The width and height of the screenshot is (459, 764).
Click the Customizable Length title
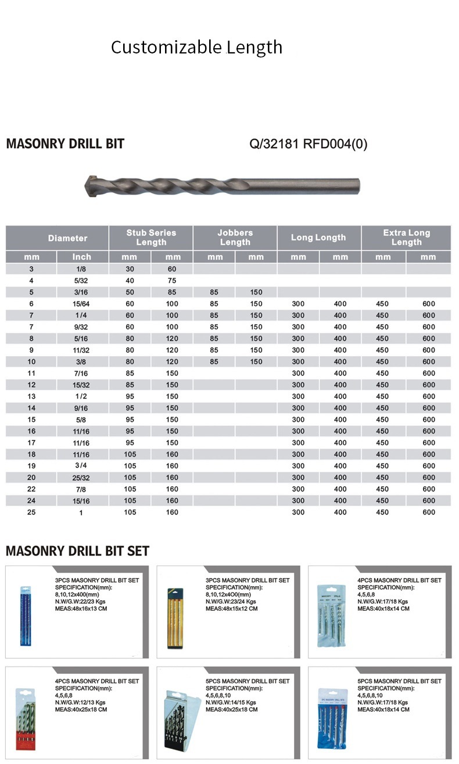click(x=196, y=47)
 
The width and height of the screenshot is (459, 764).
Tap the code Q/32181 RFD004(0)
click(x=308, y=144)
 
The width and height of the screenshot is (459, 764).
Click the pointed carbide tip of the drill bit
click(x=91, y=186)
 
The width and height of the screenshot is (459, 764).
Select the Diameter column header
click(x=67, y=238)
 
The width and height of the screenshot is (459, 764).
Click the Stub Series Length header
click(x=151, y=238)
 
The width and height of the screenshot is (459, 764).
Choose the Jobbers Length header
click(x=235, y=238)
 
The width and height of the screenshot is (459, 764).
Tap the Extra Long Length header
click(x=406, y=238)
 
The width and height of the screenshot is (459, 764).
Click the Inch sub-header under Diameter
click(x=82, y=257)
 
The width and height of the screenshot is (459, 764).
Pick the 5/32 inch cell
click(x=81, y=281)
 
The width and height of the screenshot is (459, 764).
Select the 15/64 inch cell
click(x=81, y=304)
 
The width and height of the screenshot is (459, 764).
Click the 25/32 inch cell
click(x=81, y=478)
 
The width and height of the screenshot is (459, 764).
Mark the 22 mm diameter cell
click(x=31, y=489)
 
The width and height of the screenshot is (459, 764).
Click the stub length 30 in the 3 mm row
click(x=130, y=269)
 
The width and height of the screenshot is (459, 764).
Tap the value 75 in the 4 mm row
click(x=173, y=281)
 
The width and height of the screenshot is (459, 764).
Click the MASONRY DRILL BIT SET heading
click(x=77, y=551)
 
